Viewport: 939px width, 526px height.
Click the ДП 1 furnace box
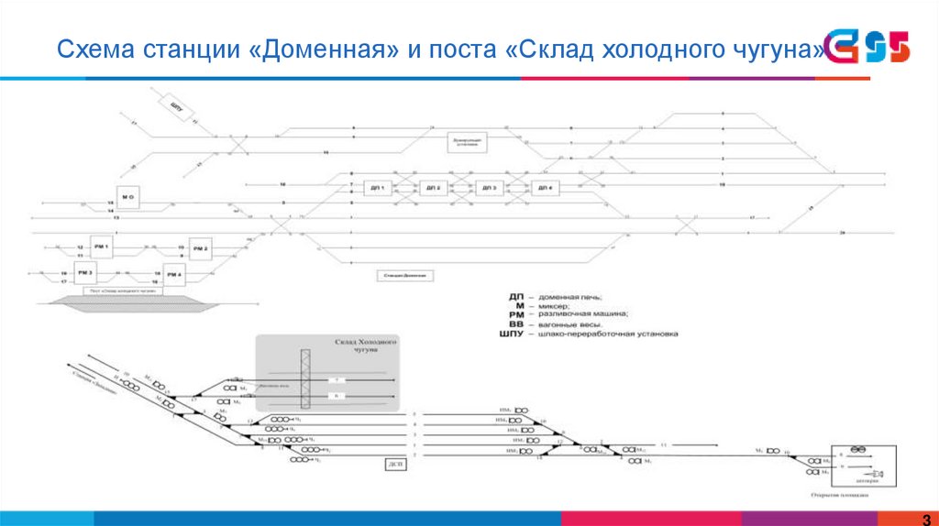[x=376, y=188]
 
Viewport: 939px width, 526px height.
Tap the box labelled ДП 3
[x=488, y=188]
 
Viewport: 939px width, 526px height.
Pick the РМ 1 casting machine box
[x=100, y=247]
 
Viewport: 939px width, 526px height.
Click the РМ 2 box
[x=199, y=248]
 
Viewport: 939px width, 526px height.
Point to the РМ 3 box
[x=85, y=273]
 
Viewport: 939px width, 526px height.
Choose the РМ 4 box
[x=173, y=274]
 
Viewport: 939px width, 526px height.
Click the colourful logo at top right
[x=867, y=48]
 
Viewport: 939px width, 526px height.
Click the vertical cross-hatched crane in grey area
[x=305, y=378]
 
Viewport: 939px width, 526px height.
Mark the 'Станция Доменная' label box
[x=402, y=275]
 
